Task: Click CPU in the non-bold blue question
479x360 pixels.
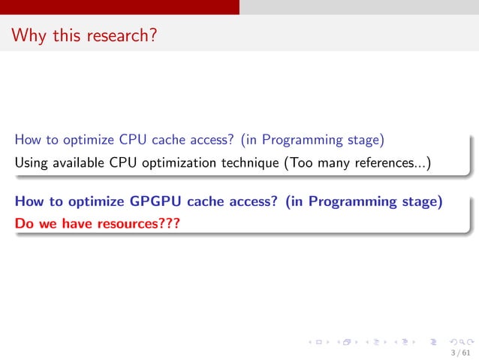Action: point(128,140)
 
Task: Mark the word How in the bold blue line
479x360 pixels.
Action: point(28,201)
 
